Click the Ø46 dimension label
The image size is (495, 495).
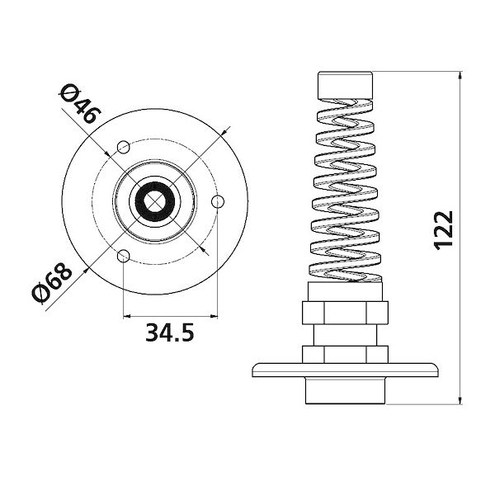pyautogui.click(x=81, y=104)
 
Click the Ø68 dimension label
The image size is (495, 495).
pyautogui.click(x=52, y=283)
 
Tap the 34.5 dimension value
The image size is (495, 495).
pyautogui.click(x=169, y=332)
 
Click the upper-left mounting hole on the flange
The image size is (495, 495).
pyautogui.click(x=124, y=147)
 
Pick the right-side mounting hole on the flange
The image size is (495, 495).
pyautogui.click(x=218, y=201)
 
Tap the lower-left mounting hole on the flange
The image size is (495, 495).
pyautogui.click(x=124, y=256)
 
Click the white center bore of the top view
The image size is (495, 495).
pyautogui.click(x=155, y=201)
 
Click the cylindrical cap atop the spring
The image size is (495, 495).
pyautogui.click(x=345, y=85)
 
